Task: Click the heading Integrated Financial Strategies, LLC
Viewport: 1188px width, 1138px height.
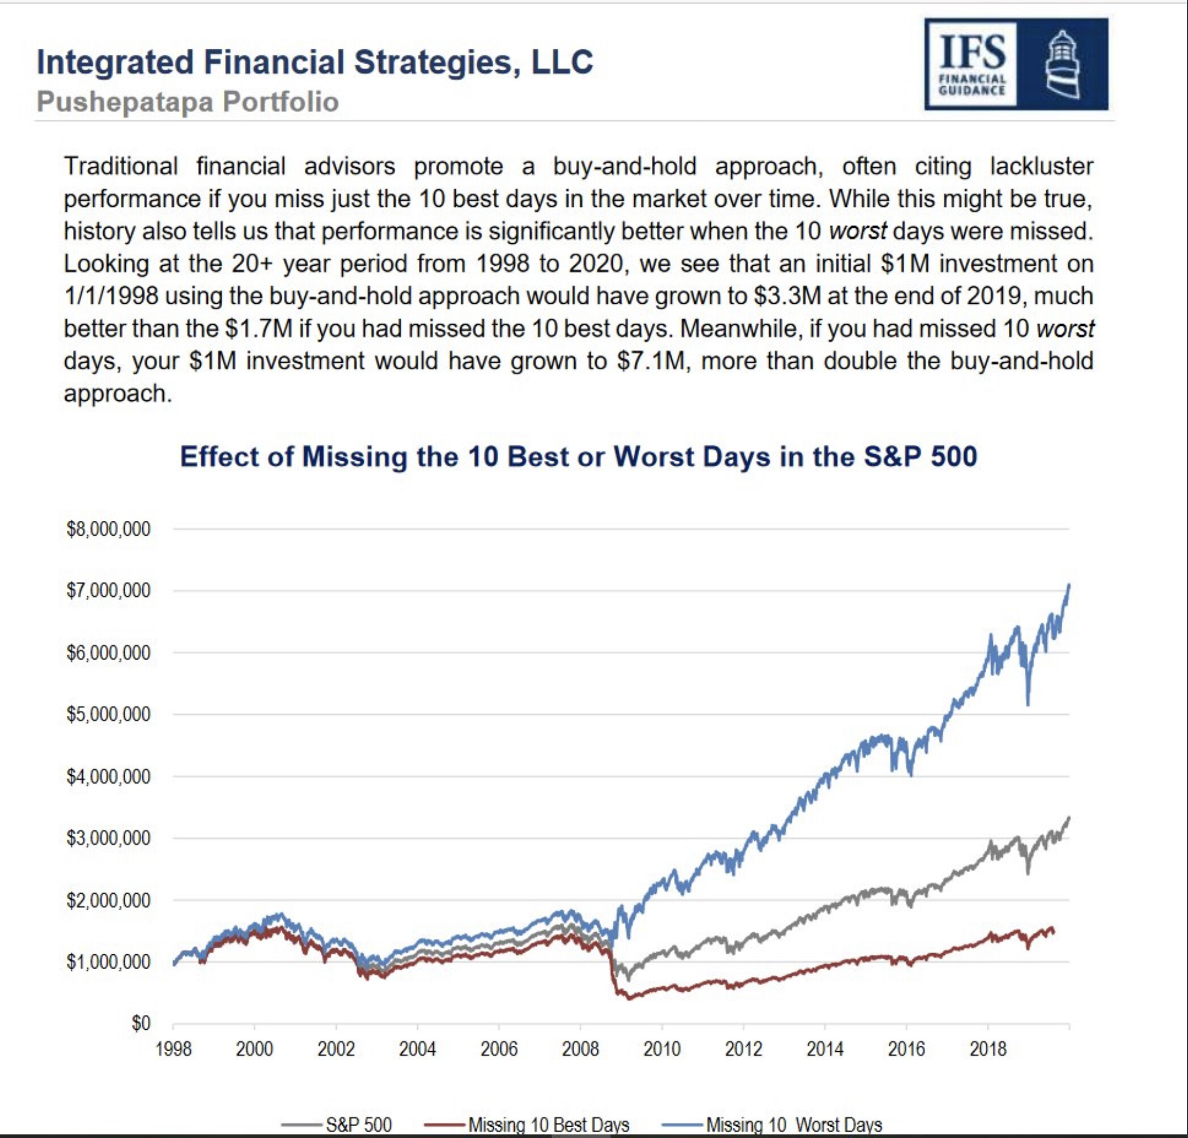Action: click(315, 62)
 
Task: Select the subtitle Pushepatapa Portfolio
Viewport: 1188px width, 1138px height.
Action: click(187, 101)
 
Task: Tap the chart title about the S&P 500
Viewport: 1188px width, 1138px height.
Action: click(578, 457)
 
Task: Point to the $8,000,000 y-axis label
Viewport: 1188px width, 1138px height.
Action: click(108, 529)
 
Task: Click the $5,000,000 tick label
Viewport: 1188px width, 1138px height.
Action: click(108, 715)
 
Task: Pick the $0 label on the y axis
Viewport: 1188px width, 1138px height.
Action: click(141, 1024)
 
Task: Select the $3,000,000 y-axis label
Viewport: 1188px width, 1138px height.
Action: click(108, 838)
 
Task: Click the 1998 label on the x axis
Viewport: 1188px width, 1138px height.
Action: click(173, 1049)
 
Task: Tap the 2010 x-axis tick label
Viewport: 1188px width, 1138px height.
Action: click(662, 1049)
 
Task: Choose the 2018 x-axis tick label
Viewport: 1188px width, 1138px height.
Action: click(988, 1049)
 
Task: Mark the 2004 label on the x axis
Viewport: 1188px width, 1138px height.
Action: click(417, 1049)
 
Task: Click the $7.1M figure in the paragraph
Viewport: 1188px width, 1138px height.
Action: click(649, 361)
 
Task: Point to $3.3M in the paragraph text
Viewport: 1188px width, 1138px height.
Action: click(787, 296)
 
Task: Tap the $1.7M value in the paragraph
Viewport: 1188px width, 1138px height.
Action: click(259, 329)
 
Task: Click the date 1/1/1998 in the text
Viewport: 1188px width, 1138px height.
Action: click(111, 296)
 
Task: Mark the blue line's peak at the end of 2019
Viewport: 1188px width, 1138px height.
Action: click(1069, 585)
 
